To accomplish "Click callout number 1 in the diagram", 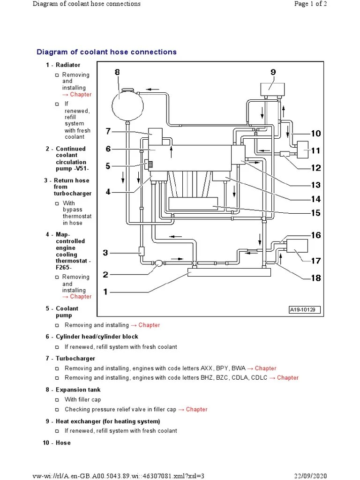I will pos(105,292).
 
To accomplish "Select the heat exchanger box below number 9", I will pos(273,88).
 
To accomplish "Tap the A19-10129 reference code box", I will pos(304,309).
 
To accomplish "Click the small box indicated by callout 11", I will pos(302,149).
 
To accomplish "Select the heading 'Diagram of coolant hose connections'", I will pos(106,52).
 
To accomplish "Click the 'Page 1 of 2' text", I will pos(310,4).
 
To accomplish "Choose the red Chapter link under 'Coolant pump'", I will pos(149,325).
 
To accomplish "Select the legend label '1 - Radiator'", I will pos(63,65).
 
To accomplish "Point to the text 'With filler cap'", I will pos(82,400).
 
